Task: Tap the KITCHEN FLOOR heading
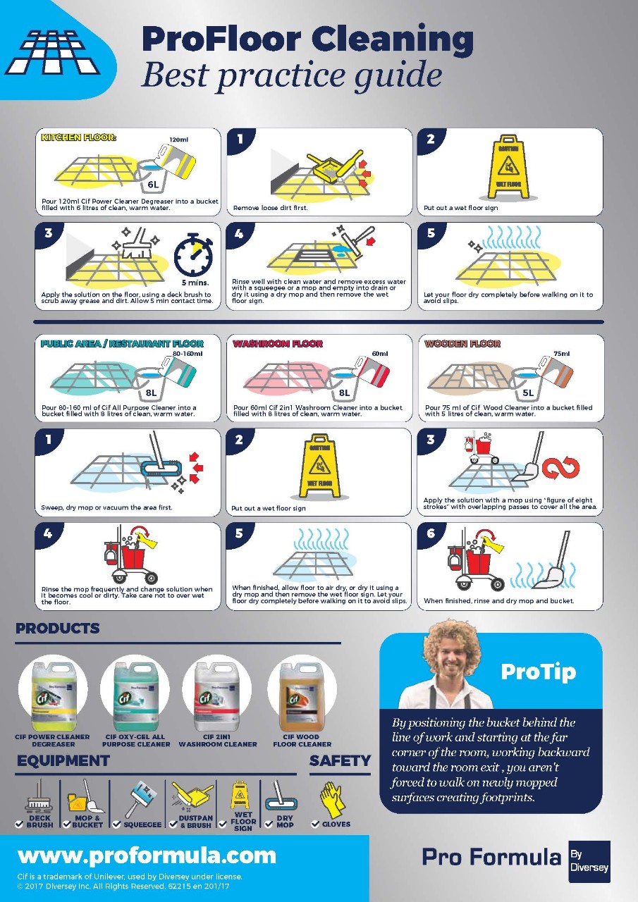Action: pyautogui.click(x=78, y=137)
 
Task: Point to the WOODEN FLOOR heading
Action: pyautogui.click(x=462, y=344)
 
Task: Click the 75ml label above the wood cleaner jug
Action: pyautogui.click(x=561, y=354)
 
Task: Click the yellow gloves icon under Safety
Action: pyautogui.click(x=331, y=799)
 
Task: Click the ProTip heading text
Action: pyautogui.click(x=538, y=672)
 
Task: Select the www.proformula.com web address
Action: pyautogui.click(x=147, y=855)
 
